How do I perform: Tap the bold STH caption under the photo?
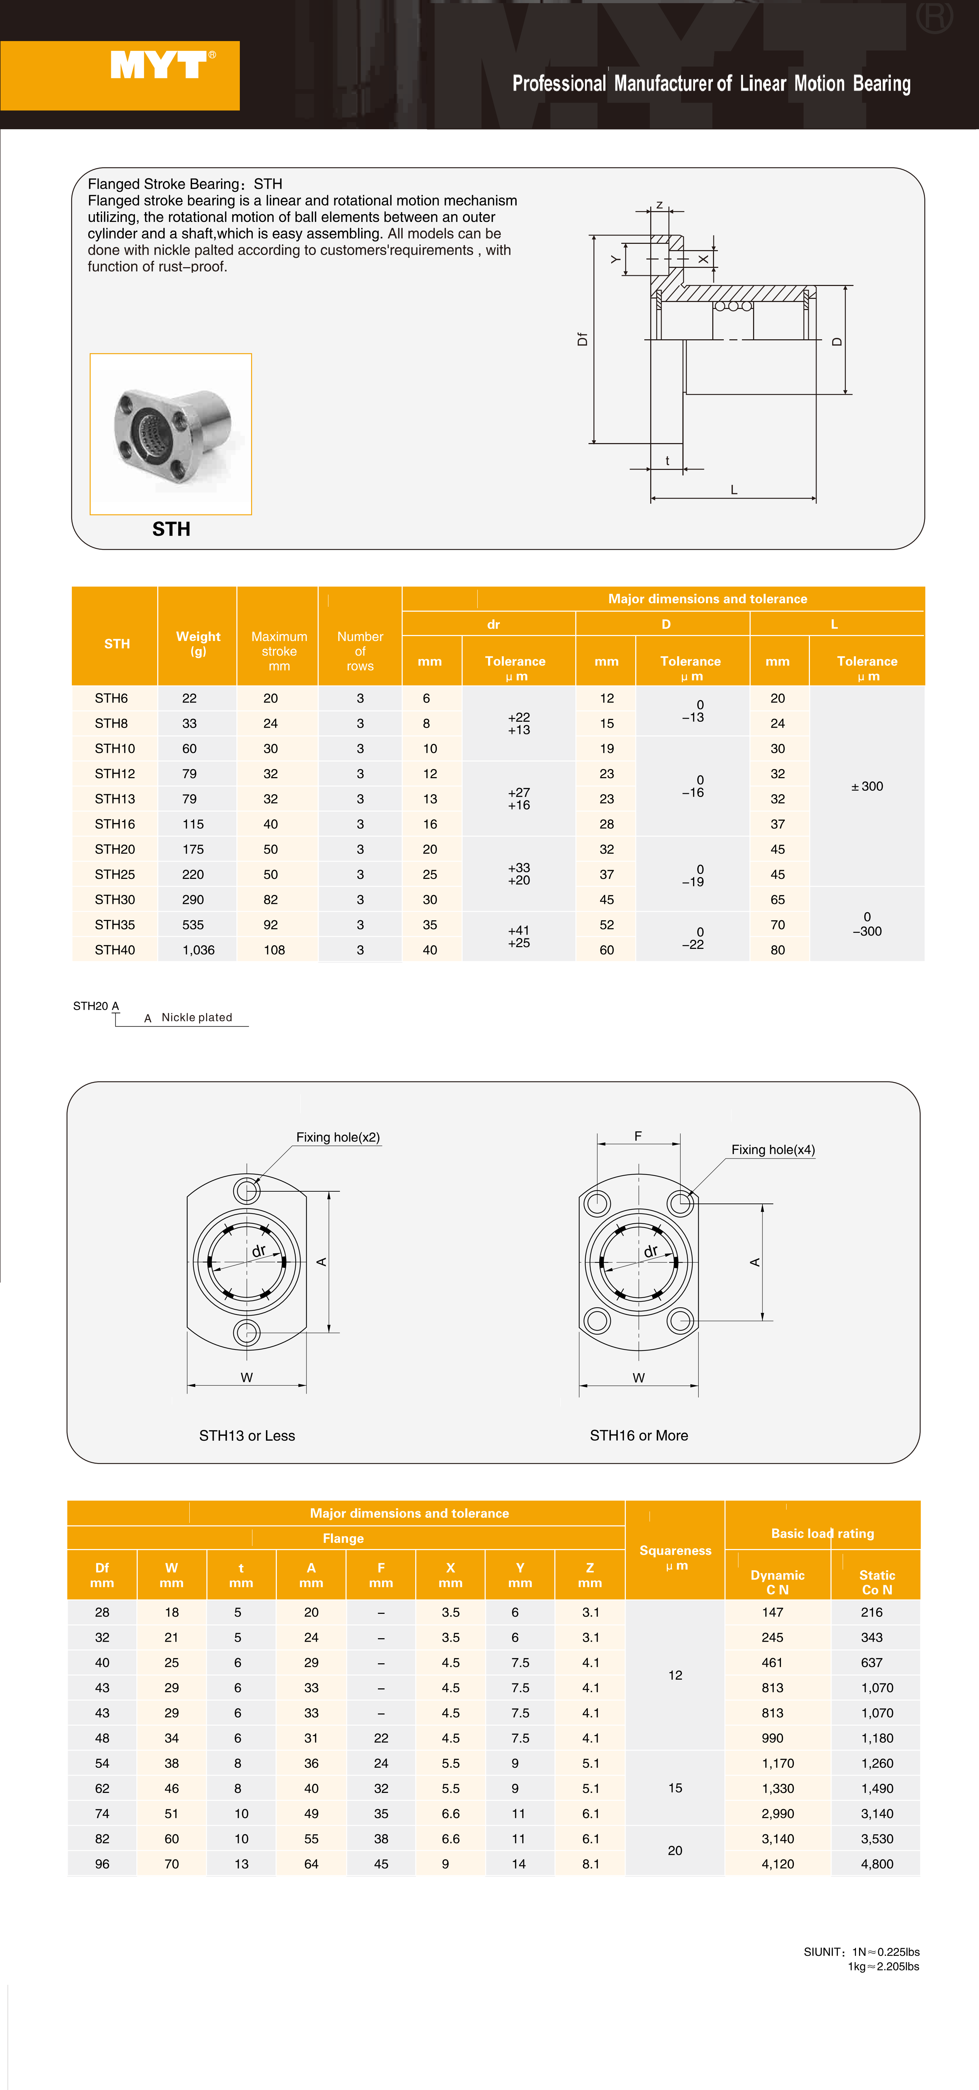171,529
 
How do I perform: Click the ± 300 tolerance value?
867,786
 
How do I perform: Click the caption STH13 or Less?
247,1435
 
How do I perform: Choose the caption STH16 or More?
639,1435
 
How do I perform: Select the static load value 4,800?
877,1864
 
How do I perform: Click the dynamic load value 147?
773,1612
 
